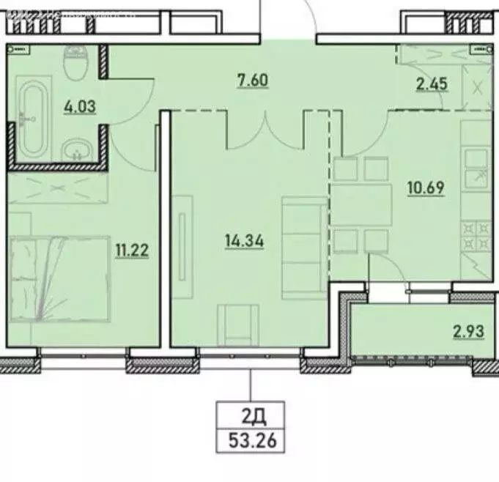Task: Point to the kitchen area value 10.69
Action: [x=425, y=186]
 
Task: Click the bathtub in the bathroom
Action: [x=32, y=120]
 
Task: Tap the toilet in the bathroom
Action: [x=75, y=64]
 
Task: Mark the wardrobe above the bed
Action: [x=59, y=188]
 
